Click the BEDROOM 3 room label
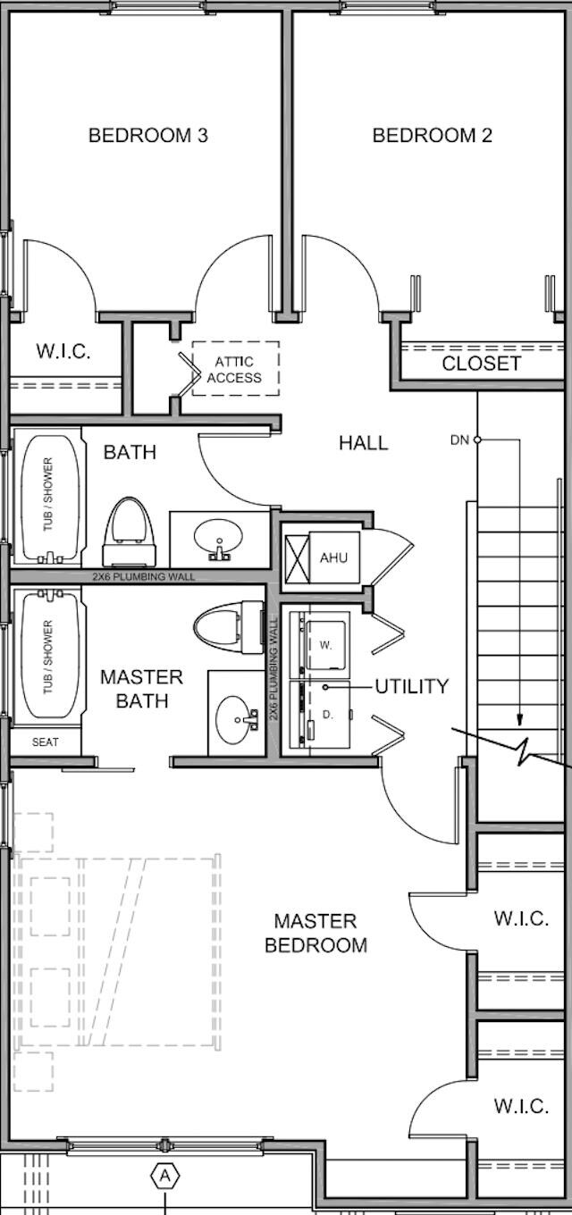click(x=148, y=136)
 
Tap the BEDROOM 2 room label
click(x=432, y=136)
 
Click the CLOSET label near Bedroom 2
click(x=481, y=364)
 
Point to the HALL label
click(x=364, y=442)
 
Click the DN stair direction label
click(x=459, y=440)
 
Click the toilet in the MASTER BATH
click(x=228, y=624)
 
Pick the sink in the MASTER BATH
click(x=239, y=715)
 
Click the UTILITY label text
click(x=411, y=686)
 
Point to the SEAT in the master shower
click(x=46, y=742)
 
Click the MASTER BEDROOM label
click(x=315, y=933)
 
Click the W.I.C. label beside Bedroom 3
click(x=63, y=351)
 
